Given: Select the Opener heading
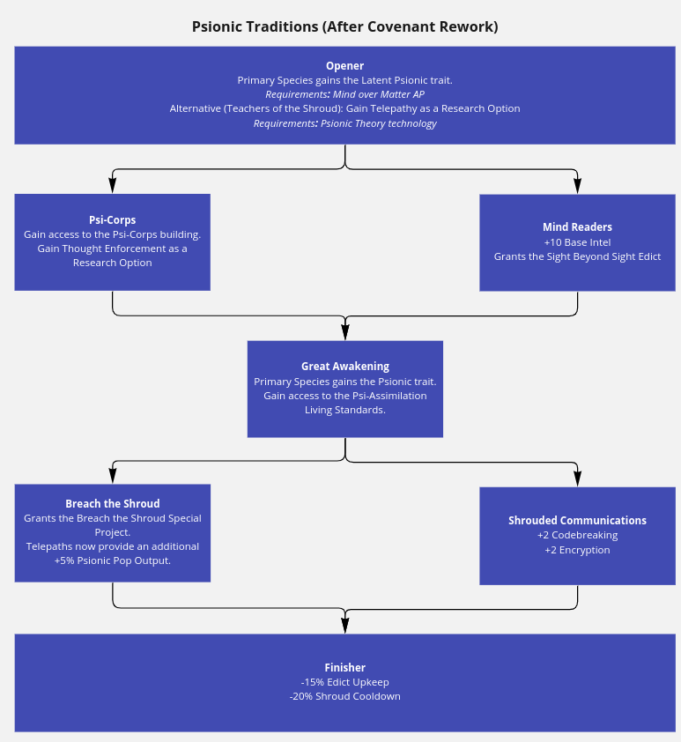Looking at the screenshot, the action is point(344,66).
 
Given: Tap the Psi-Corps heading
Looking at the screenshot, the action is point(113,220).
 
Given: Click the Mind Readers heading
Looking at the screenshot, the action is point(577,227).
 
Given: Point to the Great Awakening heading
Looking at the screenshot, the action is point(345,367).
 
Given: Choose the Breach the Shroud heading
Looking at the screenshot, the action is point(113,503).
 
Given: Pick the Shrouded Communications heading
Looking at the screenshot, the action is point(577,521).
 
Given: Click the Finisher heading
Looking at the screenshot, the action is point(344,668).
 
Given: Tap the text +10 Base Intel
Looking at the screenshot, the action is point(577,242).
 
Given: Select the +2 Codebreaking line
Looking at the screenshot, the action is point(577,535).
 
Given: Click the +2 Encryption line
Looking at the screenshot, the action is point(577,550).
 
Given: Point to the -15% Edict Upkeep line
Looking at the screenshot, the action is point(344,682).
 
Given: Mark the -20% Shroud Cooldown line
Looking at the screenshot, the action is point(344,696).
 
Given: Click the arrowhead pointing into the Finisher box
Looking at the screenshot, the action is point(345,626).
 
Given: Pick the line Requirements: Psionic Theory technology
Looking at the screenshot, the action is point(344,123).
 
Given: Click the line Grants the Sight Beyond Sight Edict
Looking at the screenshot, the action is point(577,256).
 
